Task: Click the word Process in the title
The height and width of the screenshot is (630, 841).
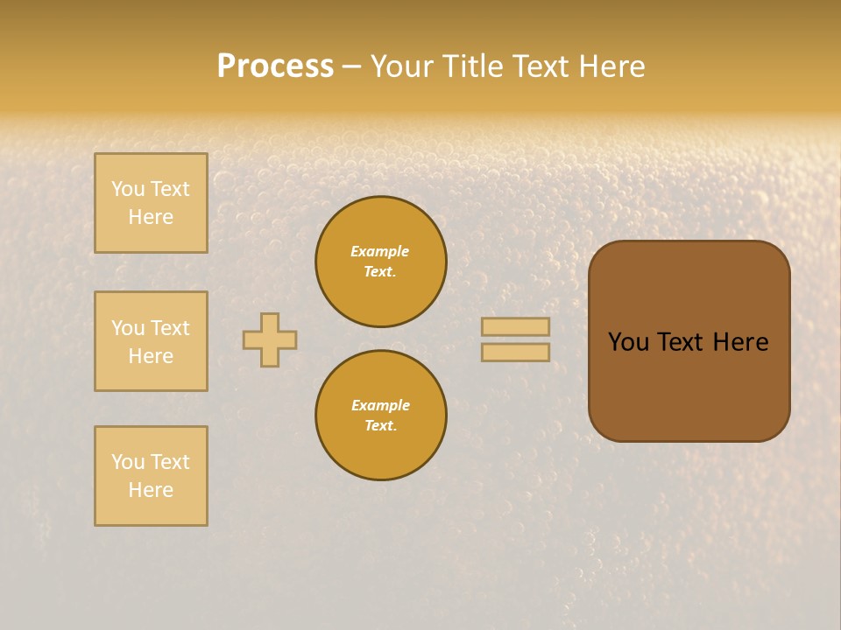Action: pyautogui.click(x=275, y=66)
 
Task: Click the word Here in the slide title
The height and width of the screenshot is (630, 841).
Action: pyautogui.click(x=610, y=66)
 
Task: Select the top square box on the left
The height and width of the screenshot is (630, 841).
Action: pyautogui.click(x=151, y=203)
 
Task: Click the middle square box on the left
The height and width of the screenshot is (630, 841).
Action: pyautogui.click(x=151, y=341)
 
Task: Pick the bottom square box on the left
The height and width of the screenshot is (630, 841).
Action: pyautogui.click(x=151, y=476)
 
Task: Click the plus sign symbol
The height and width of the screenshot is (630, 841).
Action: pyautogui.click(x=270, y=339)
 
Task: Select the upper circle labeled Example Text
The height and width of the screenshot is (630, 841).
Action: pyautogui.click(x=381, y=262)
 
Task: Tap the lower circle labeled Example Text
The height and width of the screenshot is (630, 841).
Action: pyautogui.click(x=381, y=416)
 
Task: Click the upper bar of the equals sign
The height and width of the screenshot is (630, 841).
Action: pyautogui.click(x=515, y=326)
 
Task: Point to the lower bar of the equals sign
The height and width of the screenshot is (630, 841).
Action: pyautogui.click(x=515, y=353)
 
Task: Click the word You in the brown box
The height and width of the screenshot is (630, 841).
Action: pyautogui.click(x=628, y=342)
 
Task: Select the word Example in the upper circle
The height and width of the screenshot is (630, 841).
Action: pyautogui.click(x=380, y=251)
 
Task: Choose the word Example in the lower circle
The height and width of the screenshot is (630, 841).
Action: pyautogui.click(x=380, y=405)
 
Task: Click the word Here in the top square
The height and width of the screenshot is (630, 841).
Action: pyautogui.click(x=151, y=217)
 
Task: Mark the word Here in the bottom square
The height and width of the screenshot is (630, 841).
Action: pyautogui.click(x=151, y=490)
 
